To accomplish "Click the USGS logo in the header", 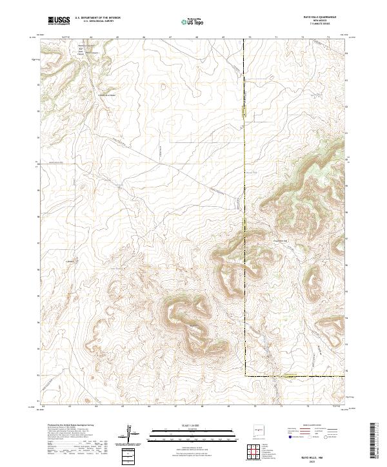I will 59,21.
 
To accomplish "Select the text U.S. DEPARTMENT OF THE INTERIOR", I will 97,18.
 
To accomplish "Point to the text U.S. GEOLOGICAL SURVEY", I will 97,21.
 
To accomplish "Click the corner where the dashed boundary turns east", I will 245,376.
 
